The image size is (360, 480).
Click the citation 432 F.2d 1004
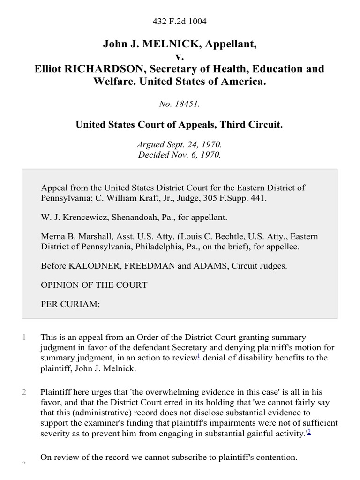pos(180,21)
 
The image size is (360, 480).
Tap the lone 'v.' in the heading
pos(180,57)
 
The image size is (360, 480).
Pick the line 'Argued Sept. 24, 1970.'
pos(180,145)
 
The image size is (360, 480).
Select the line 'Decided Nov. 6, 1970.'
pos(180,155)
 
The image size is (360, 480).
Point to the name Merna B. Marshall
pos(72,237)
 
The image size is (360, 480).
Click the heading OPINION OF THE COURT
pos(94,285)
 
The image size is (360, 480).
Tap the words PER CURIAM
pos(70,304)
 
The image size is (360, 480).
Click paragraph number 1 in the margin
pos(23,337)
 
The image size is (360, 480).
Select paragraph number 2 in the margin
pos(23,392)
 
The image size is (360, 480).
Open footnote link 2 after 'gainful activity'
pos(309,432)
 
